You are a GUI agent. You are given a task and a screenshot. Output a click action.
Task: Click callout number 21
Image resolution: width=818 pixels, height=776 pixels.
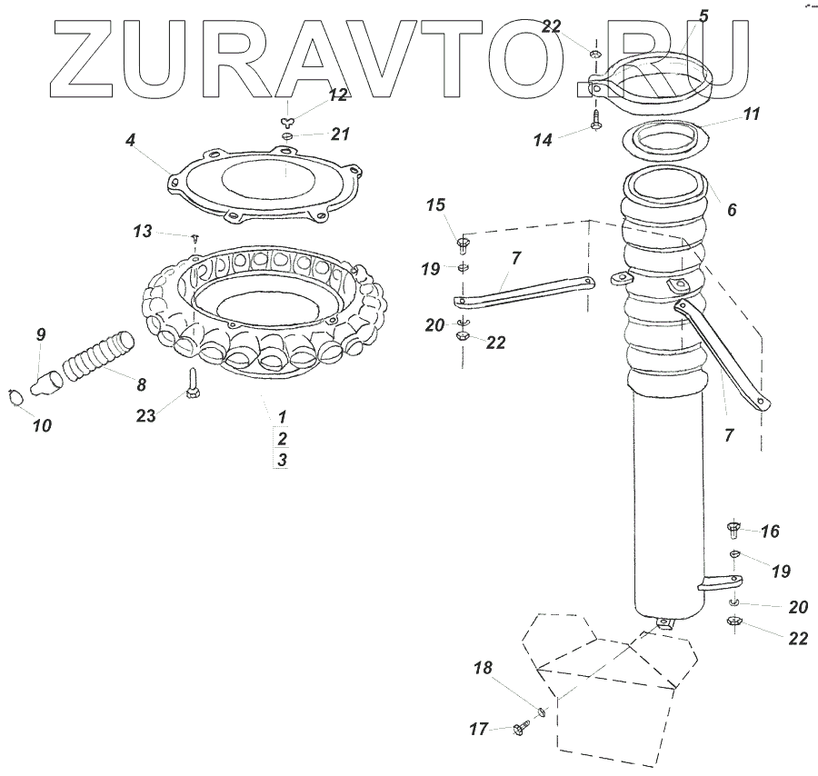340,134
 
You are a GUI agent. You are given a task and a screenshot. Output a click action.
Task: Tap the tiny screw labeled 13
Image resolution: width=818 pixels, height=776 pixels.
195,237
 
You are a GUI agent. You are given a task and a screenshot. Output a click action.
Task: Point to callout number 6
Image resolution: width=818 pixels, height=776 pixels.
732,209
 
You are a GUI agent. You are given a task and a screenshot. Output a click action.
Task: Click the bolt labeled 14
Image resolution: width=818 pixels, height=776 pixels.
595,121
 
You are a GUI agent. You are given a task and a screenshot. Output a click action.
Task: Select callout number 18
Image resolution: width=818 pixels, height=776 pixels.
483,669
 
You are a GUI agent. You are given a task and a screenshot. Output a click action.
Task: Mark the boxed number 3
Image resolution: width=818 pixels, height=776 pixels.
283,460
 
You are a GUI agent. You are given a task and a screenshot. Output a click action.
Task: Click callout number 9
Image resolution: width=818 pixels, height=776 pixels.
41,334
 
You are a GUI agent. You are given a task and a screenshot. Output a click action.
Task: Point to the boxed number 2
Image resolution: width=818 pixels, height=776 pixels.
283,438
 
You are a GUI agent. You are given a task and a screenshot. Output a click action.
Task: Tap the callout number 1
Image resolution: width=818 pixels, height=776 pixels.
283,416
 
